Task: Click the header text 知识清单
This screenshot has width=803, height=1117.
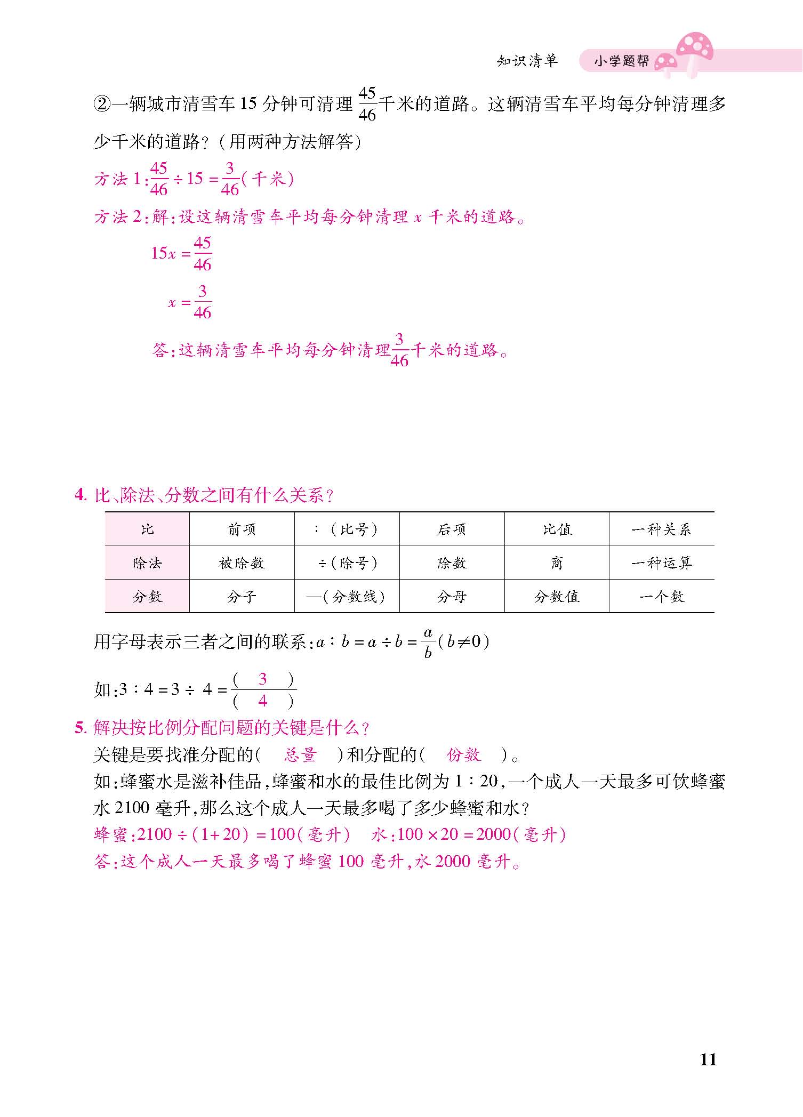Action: coord(527,61)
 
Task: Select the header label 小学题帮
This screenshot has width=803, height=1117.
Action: coord(622,61)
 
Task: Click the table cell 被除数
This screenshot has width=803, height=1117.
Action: coord(242,563)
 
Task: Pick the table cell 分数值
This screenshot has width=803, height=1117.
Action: coord(557,597)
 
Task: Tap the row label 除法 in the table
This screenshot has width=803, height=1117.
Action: coord(147,563)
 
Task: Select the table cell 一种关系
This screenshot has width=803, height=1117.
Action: coord(661,529)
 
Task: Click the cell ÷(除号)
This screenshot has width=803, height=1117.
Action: coord(347,563)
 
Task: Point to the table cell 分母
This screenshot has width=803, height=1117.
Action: coord(452,597)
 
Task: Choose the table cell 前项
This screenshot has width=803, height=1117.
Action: coord(242,529)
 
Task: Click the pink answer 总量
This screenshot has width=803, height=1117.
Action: coord(300,755)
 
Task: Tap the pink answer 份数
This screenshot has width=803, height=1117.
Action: coord(464,755)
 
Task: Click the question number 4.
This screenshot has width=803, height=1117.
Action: coord(79,495)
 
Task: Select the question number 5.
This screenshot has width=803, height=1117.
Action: coord(79,727)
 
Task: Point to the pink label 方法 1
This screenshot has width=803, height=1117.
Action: coord(117,179)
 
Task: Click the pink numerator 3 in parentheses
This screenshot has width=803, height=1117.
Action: coord(262,679)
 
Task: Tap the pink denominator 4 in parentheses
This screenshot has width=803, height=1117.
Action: coord(262,701)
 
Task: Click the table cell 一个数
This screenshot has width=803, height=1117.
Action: coord(661,597)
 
